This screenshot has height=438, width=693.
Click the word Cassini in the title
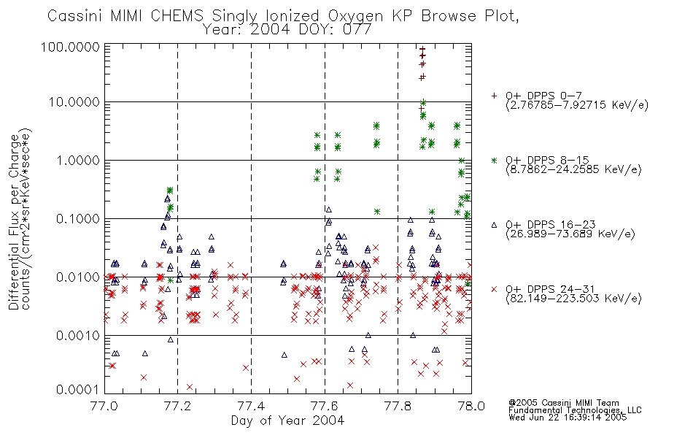(75, 16)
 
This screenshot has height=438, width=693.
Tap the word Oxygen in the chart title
(356, 17)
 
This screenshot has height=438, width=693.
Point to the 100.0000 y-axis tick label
(70, 47)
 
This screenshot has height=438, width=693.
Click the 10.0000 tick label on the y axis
(74, 102)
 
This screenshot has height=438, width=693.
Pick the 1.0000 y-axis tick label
(78, 160)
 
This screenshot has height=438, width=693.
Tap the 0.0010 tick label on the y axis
(78, 335)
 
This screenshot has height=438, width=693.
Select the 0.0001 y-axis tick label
(78, 389)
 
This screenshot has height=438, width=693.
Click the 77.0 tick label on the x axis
(104, 406)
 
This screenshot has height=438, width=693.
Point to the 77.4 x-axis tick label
(251, 406)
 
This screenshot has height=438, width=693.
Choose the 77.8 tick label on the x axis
(398, 406)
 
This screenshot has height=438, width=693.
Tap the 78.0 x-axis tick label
(471, 406)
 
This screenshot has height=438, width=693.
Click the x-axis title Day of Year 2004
(287, 420)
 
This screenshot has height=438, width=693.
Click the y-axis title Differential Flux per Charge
(14, 222)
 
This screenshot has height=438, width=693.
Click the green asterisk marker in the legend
(494, 160)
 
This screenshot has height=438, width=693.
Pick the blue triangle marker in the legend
(494, 225)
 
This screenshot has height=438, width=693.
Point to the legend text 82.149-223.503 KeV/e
(573, 299)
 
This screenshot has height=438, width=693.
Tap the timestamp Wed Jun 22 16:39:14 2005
(568, 418)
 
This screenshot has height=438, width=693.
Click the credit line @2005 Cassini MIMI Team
(564, 403)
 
